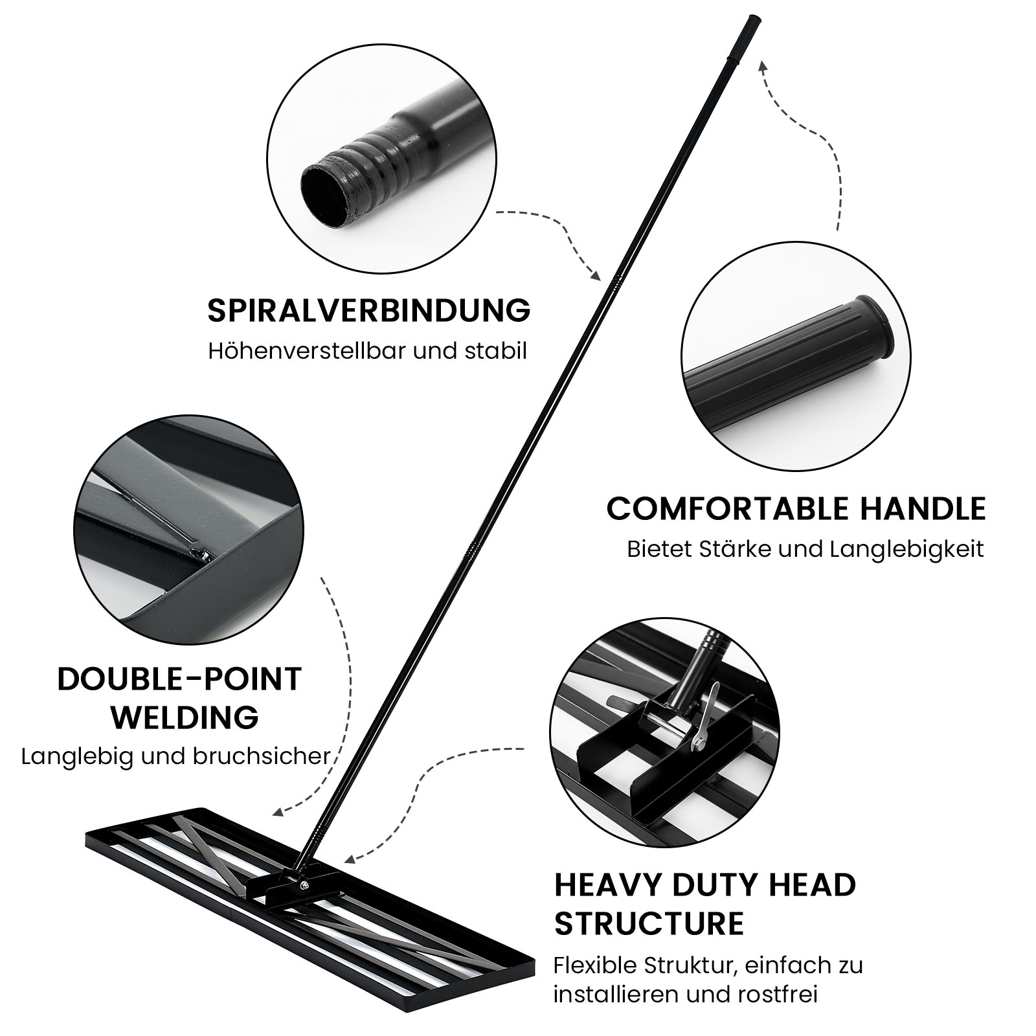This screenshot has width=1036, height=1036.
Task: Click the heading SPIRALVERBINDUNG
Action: [x=369, y=311]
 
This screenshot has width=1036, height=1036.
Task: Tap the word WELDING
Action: [x=185, y=717]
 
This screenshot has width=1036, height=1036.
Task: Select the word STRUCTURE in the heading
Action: [x=649, y=923]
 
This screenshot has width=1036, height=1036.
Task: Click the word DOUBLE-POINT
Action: [x=179, y=679]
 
